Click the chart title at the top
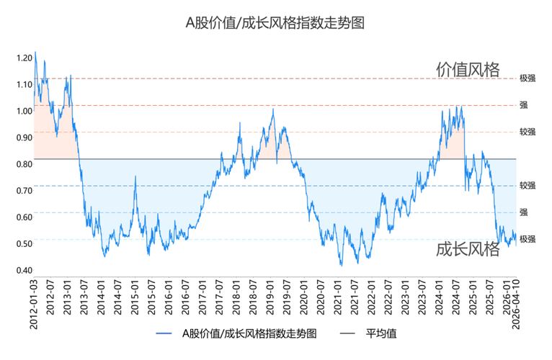click(275, 23)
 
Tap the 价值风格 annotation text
click(468, 69)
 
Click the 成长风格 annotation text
click(468, 249)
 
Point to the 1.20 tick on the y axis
click(23, 57)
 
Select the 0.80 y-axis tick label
click(23, 164)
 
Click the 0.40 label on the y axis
click(23, 271)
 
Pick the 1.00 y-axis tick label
click(23, 111)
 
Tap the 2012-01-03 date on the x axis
click(35, 304)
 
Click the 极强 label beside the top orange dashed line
click(527, 78)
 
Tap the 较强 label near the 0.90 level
click(527, 132)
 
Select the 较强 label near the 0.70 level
click(527, 185)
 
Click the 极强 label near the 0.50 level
click(527, 238)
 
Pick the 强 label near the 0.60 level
click(524, 212)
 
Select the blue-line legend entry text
click(249, 333)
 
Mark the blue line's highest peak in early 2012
click(35, 52)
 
